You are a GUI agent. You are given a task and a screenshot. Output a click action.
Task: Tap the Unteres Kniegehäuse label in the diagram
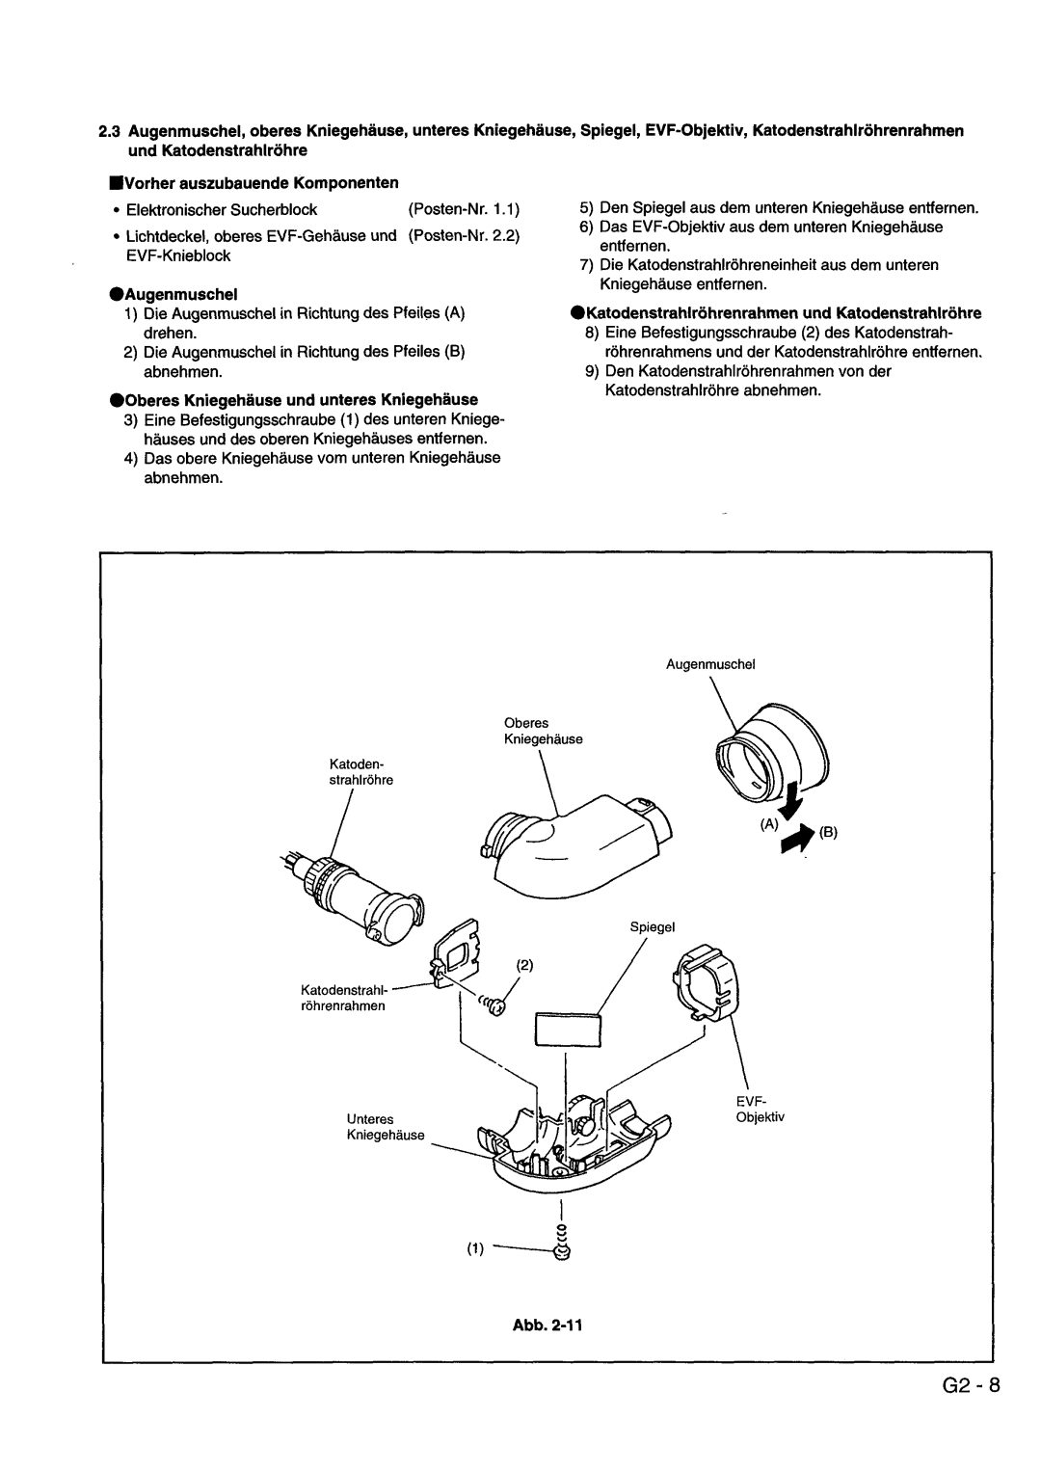385,1127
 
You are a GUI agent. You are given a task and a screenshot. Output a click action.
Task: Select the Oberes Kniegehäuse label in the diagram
541,731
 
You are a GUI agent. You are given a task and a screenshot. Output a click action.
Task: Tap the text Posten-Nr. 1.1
464,208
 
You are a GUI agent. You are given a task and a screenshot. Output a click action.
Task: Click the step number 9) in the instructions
592,371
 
